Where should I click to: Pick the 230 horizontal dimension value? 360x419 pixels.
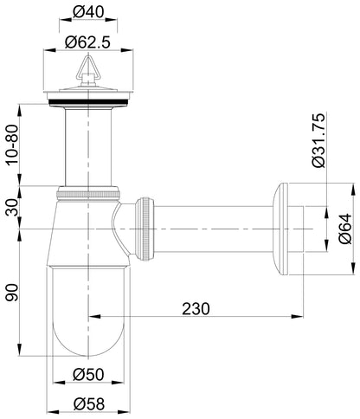tap(198, 307)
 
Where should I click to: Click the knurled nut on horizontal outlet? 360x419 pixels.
tap(145, 227)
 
